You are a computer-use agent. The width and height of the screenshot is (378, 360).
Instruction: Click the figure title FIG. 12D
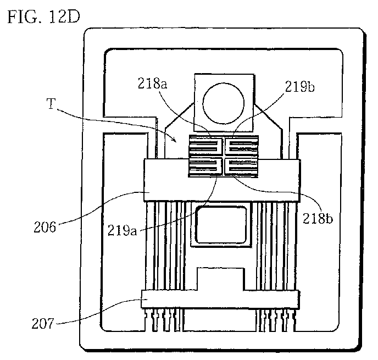tap(43, 17)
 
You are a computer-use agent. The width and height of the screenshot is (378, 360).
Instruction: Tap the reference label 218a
tap(152, 84)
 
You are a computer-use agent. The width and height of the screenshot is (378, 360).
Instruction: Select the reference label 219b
tap(299, 86)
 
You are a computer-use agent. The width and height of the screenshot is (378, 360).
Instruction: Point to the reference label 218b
tap(318, 218)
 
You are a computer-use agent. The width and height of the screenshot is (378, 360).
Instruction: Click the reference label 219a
tap(122, 230)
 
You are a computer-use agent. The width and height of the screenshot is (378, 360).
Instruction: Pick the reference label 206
tap(45, 227)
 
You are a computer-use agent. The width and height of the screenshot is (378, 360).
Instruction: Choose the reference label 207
tap(43, 323)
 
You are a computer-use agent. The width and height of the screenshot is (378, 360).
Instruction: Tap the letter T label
tap(51, 104)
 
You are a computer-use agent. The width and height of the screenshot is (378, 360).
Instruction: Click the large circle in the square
tap(224, 103)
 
